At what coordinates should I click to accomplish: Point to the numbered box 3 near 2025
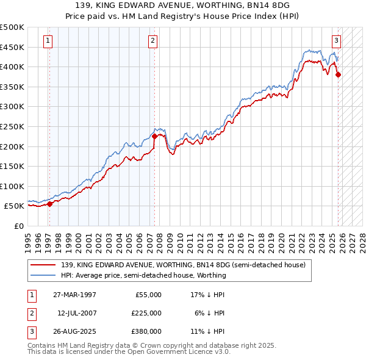(x=336, y=41)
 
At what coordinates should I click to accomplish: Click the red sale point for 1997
(x=50, y=204)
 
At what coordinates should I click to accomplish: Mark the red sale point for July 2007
(x=154, y=137)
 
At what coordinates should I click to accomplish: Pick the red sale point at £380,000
(x=339, y=75)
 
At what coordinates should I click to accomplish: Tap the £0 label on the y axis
(x=18, y=226)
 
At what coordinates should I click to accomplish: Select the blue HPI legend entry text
(x=143, y=275)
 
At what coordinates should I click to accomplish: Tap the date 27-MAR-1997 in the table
(x=74, y=295)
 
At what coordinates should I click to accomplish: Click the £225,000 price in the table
(x=146, y=313)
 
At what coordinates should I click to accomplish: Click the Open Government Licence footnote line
(x=129, y=351)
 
